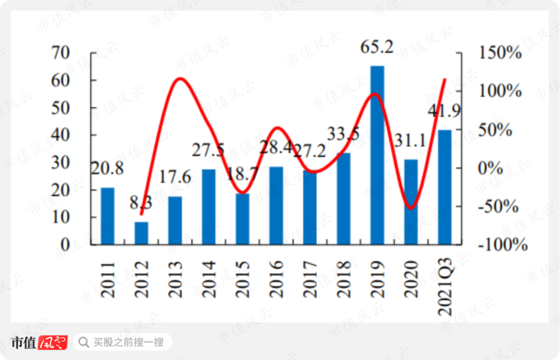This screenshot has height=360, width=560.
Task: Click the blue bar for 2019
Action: [x=377, y=155]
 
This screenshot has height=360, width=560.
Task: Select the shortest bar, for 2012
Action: [x=141, y=233]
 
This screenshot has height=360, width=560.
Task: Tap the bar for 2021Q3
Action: [x=444, y=187]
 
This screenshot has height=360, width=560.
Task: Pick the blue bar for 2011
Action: [x=107, y=216]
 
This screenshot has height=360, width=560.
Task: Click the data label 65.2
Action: [x=377, y=48]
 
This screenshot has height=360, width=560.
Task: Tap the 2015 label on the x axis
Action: [x=242, y=279]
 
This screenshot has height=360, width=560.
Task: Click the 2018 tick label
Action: [x=343, y=279]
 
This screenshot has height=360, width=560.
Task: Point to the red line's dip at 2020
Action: [x=411, y=208]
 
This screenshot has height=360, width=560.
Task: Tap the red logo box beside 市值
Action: [x=53, y=342]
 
